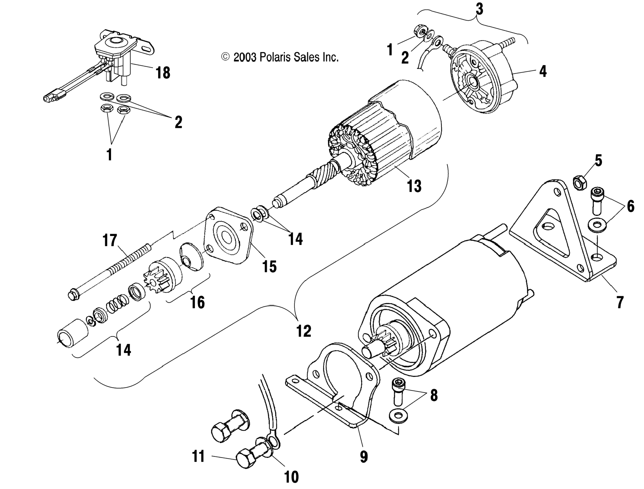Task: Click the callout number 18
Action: [x=163, y=73]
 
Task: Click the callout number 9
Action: [x=364, y=456]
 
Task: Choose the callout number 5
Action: [x=598, y=161]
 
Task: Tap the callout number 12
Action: [x=304, y=331]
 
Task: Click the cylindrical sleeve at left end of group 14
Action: [x=73, y=333]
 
